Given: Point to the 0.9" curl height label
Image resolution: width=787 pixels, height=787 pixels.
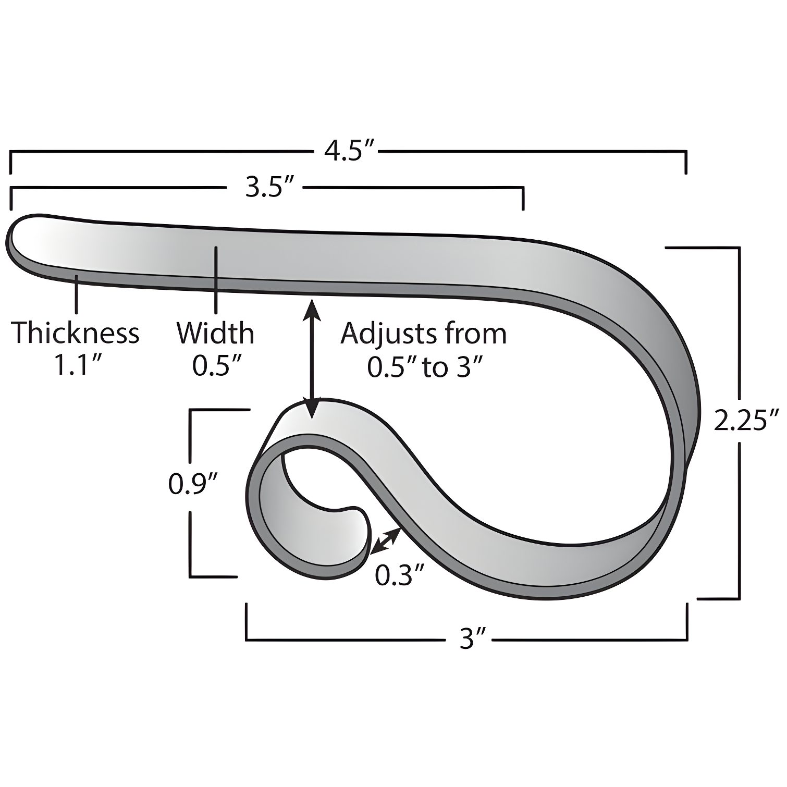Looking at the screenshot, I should (x=192, y=484).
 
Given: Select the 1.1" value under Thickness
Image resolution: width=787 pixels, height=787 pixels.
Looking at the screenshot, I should (x=77, y=366).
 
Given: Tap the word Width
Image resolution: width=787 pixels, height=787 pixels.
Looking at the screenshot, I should (x=215, y=333).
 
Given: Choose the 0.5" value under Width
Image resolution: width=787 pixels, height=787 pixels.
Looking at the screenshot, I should (x=216, y=366).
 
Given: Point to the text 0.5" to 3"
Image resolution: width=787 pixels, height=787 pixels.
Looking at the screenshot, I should (x=423, y=367).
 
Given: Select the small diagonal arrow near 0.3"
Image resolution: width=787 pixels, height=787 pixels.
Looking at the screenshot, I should (x=386, y=540).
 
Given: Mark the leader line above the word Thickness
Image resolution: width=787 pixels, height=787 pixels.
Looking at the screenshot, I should (x=77, y=294).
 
